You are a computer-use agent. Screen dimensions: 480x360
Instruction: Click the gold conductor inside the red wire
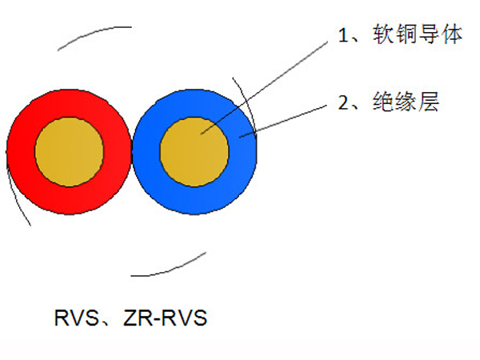[69, 151]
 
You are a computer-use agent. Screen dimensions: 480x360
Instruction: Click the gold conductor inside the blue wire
[194, 151]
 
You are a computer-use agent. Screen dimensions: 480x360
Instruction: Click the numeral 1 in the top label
[343, 35]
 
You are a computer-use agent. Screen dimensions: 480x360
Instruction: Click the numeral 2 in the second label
[343, 102]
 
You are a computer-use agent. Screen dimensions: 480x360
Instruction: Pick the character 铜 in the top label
[406, 34]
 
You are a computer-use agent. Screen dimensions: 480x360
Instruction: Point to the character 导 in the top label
[429, 34]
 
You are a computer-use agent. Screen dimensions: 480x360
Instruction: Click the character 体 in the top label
[452, 34]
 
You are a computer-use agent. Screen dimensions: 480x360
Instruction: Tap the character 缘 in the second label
[406, 102]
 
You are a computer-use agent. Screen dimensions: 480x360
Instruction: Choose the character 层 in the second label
[429, 102]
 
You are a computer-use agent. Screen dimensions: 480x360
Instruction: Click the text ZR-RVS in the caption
[166, 318]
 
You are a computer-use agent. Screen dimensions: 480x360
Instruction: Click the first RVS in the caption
[76, 318]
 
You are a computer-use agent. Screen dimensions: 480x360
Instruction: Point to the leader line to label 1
[264, 88]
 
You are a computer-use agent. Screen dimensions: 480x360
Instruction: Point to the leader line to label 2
[283, 122]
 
